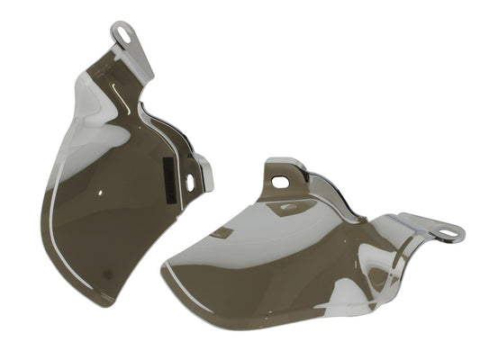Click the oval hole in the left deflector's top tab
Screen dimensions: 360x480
coord(123,35)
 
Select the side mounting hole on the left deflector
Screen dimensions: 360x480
coord(190,183)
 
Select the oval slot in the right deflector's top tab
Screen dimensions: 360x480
coord(281,182)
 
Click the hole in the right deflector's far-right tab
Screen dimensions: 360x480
coord(447,236)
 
